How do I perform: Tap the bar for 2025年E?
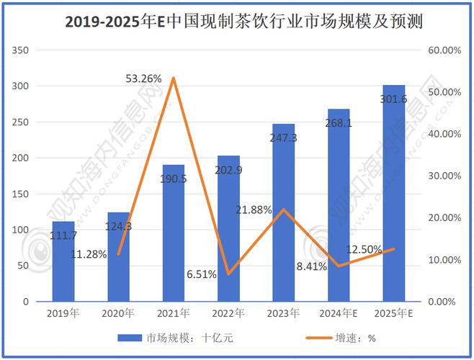click(x=394, y=202)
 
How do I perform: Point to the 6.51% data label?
click(x=202, y=274)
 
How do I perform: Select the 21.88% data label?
click(x=254, y=210)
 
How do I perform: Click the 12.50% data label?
click(x=364, y=248)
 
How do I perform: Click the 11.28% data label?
click(x=89, y=253)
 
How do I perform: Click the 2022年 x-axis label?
click(x=228, y=313)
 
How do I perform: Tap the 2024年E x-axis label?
click(x=339, y=313)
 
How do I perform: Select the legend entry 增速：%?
click(x=357, y=337)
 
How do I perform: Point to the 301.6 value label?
click(x=394, y=99)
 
